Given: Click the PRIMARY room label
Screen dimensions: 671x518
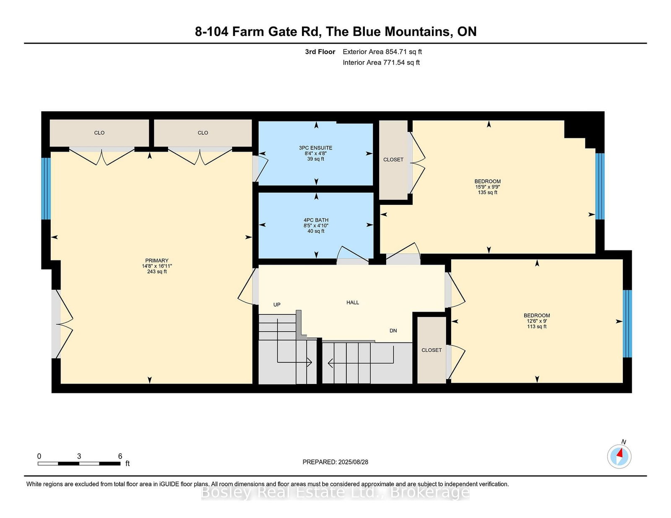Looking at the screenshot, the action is click(156, 260).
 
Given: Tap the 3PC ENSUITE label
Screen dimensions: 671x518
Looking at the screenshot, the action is click(316, 148).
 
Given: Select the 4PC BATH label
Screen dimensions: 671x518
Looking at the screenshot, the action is click(316, 220).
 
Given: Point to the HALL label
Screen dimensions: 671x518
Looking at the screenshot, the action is click(353, 302).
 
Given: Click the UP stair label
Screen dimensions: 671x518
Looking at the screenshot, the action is click(277, 304).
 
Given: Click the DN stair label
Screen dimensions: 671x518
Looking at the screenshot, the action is click(393, 330).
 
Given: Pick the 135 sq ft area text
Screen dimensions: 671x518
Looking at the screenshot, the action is click(488, 192).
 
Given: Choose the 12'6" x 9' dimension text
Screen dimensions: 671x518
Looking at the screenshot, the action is click(537, 321).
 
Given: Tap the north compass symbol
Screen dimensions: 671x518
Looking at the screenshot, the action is click(619, 456).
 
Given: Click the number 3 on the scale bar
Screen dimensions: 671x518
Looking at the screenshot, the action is click(79, 456).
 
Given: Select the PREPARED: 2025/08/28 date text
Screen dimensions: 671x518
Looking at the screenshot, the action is click(335, 462).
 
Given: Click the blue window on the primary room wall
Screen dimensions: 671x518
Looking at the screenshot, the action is click(46, 189).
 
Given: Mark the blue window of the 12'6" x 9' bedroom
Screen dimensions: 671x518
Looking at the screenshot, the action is click(627, 324).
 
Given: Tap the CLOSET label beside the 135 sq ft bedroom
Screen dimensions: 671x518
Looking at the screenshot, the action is click(393, 160).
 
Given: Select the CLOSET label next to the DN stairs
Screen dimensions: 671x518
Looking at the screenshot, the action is click(432, 350).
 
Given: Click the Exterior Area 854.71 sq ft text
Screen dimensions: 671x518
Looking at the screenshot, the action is click(382, 52).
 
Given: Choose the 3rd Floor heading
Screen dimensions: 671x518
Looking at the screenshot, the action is click(320, 52).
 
